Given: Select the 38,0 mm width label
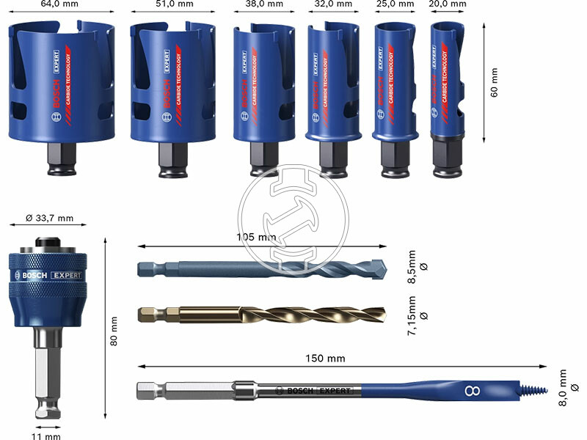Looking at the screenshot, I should click(263, 4).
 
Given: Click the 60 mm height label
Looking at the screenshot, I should click(494, 81).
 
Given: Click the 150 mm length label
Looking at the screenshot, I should click(325, 358).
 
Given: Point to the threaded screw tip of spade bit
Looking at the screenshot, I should click(532, 389).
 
